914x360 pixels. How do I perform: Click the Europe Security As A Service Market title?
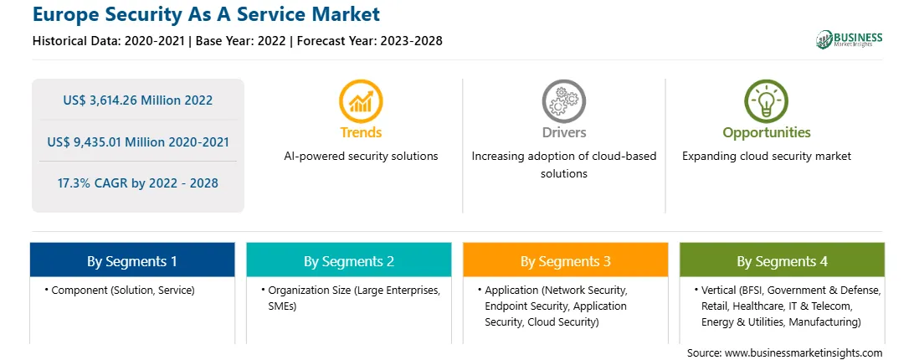pos(207,14)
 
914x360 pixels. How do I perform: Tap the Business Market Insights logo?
pos(850,39)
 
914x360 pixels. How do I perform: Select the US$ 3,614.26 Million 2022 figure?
pos(137,100)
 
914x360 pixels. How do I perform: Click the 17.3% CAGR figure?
pos(137,183)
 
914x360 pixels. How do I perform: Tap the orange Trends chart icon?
pos(361,101)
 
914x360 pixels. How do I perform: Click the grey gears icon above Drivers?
pos(563,101)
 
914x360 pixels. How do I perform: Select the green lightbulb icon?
pos(766,101)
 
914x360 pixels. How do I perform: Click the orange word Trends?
pos(361,132)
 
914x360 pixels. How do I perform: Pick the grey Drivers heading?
pos(563,132)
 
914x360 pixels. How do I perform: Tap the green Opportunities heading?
pos(767,133)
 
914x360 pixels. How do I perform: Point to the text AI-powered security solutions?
pos(361,157)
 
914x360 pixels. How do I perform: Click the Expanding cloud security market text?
pos(767,157)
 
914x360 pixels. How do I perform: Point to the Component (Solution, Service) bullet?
pos(120,290)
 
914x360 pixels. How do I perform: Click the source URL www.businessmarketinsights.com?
pos(804,353)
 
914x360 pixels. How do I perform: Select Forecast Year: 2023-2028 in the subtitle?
pos(370,41)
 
